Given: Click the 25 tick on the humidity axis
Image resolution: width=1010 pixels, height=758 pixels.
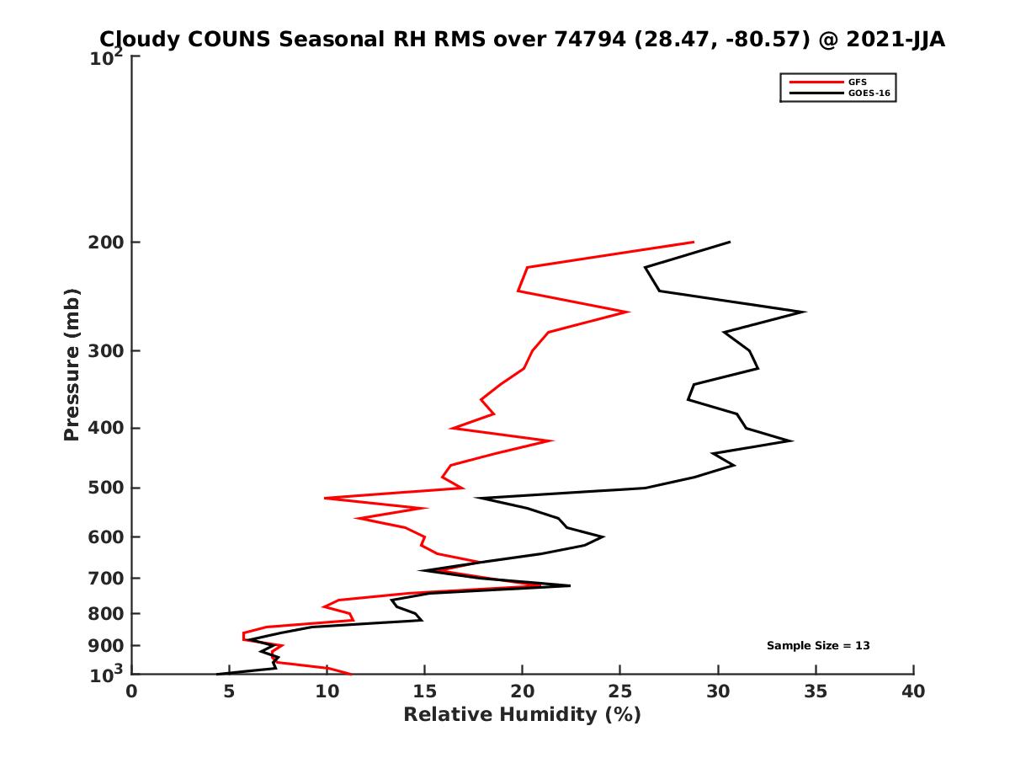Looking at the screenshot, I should tap(620, 691).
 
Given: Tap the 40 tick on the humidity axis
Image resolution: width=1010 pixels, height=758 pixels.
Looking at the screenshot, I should tap(913, 691).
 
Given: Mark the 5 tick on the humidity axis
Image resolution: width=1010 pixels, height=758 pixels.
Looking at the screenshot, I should tap(229, 691).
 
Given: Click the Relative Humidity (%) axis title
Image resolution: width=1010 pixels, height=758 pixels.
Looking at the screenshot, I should tap(522, 715).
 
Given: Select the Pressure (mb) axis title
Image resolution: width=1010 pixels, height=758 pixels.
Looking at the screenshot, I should tap(72, 365).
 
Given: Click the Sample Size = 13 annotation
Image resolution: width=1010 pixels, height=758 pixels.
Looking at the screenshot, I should tap(818, 645).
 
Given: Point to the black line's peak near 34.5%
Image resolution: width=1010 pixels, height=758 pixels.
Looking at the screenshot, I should tap(805, 312).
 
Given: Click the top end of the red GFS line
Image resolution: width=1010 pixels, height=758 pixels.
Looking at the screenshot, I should tap(694, 242).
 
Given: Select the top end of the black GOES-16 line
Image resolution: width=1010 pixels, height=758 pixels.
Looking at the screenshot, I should tap(729, 242).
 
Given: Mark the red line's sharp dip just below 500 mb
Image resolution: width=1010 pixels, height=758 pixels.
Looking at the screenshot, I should tap(326, 499).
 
